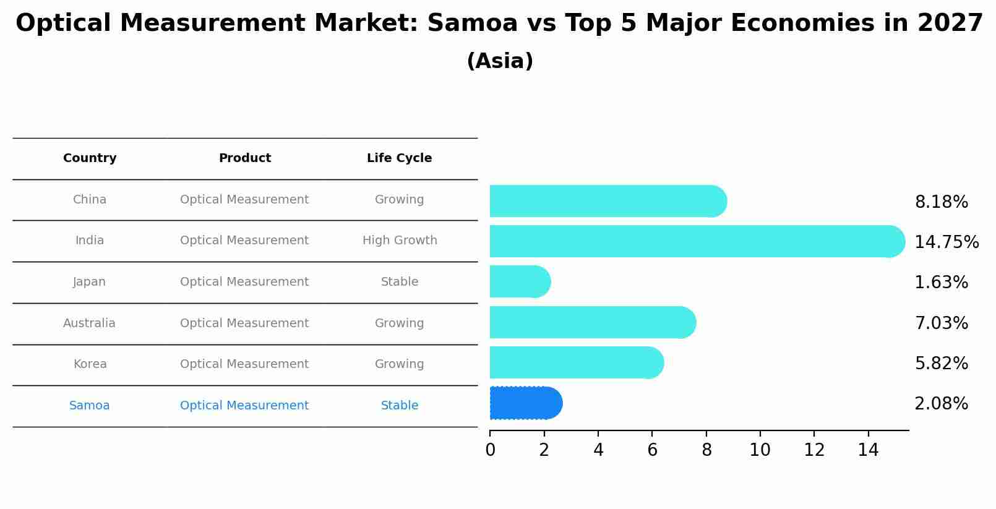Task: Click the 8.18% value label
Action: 941,202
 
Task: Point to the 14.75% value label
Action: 946,242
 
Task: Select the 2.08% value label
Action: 941,404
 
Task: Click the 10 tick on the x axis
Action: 760,450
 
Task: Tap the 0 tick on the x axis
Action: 490,450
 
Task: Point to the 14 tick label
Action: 868,450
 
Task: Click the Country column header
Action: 90,158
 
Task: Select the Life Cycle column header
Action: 399,158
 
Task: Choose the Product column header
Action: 244,158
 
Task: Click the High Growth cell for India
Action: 399,241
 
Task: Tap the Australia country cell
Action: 89,323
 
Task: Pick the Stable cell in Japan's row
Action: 399,282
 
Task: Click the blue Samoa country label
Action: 89,406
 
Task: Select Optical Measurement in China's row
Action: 244,200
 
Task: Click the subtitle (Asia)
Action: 500,61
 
